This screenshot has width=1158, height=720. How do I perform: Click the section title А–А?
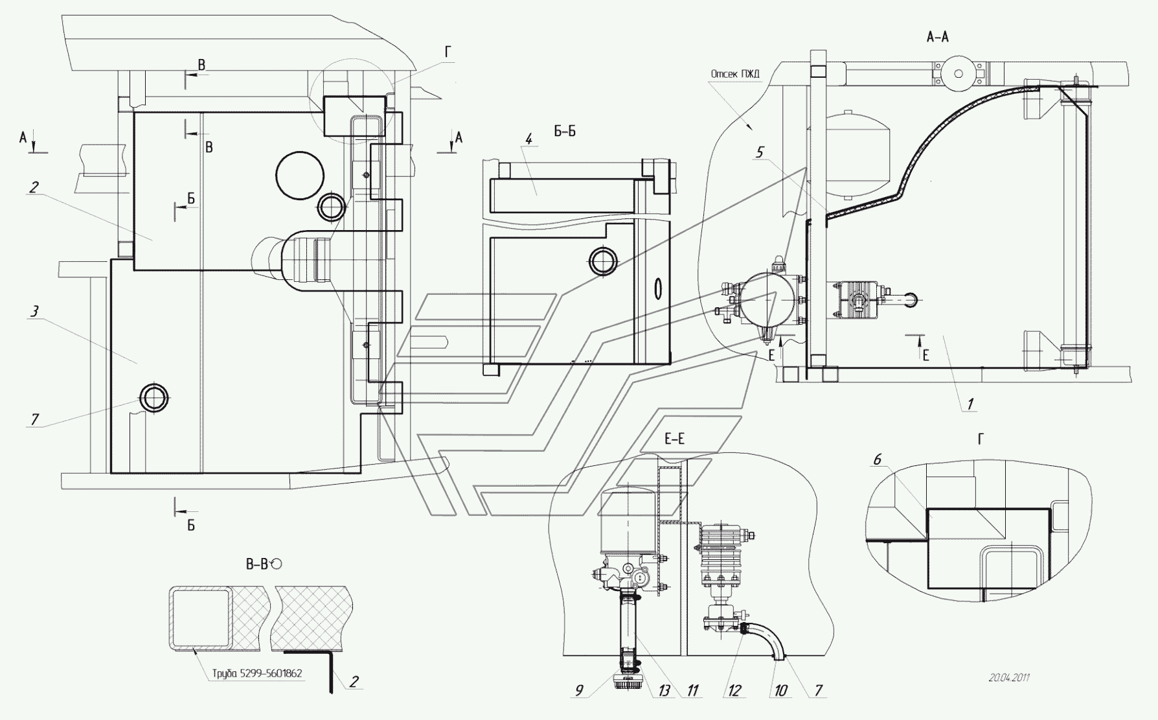(938, 38)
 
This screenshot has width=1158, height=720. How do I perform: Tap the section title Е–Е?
(674, 439)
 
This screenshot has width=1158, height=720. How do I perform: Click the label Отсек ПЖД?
(735, 74)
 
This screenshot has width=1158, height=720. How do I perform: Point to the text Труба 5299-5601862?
(257, 673)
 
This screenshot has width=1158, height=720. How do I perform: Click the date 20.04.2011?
(1009, 678)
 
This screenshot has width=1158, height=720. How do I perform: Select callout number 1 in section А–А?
(970, 404)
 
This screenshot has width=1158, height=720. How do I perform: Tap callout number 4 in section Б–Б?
(529, 138)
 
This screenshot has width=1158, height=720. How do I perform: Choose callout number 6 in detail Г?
(878, 459)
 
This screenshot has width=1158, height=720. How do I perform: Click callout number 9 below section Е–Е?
(579, 690)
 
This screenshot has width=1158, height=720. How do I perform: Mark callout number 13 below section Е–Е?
(664, 690)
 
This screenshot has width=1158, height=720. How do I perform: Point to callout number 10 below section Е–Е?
(780, 690)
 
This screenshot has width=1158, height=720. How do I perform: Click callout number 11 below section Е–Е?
(693, 690)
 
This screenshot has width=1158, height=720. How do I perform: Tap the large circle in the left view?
(299, 174)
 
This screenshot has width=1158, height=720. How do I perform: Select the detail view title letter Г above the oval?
(981, 439)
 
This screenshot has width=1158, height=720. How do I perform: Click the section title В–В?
(257, 564)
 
